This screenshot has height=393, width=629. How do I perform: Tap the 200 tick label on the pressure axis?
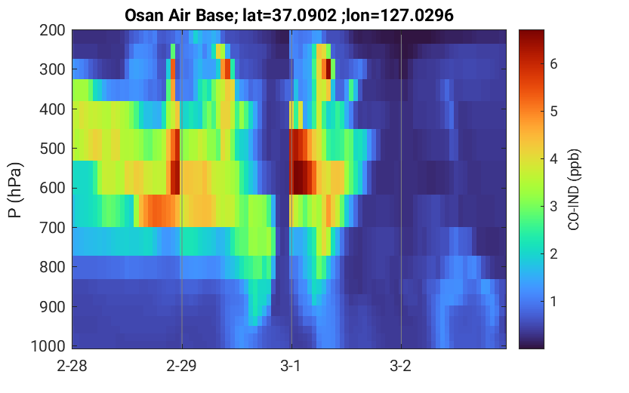pyautogui.click(x=53, y=30)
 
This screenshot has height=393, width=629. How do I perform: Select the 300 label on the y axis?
pyautogui.click(x=53, y=69)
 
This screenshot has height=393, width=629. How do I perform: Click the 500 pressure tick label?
pyautogui.click(x=53, y=149)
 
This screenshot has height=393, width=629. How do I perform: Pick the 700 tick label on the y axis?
pyautogui.click(x=53, y=228)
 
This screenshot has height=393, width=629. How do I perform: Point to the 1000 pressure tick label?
pyautogui.click(x=48, y=346)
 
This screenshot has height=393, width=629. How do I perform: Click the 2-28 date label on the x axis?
pyautogui.click(x=72, y=366)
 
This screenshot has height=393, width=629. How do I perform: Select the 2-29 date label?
pyautogui.click(x=182, y=366)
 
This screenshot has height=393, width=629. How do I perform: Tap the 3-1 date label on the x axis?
pyautogui.click(x=291, y=366)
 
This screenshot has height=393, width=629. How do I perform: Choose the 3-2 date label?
pyautogui.click(x=401, y=366)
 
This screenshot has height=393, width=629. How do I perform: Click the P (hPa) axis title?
pyautogui.click(x=15, y=190)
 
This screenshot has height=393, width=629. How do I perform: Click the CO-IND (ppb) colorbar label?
pyautogui.click(x=574, y=189)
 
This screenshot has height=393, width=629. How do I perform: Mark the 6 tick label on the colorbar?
pyautogui.click(x=554, y=63)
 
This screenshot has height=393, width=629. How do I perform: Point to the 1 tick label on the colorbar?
pyautogui.click(x=554, y=301)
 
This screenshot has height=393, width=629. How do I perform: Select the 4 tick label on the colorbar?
pyautogui.click(x=554, y=158)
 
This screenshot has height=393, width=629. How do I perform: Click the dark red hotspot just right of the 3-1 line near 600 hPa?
pyautogui.click(x=303, y=177)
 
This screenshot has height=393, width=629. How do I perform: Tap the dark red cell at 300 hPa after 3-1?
pyautogui.click(x=328, y=69)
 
